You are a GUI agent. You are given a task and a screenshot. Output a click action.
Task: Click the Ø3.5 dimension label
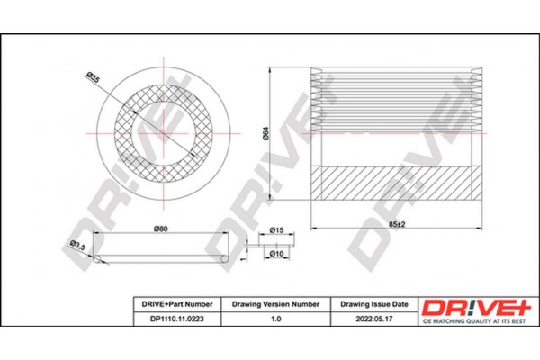(x=78, y=245)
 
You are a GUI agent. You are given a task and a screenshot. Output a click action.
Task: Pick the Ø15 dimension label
(x=277, y=231)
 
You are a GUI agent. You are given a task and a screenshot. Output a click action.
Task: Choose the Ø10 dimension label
(x=277, y=255)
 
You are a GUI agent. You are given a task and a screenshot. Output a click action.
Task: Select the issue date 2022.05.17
(x=373, y=318)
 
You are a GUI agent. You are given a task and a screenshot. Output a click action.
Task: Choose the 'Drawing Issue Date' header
(x=373, y=304)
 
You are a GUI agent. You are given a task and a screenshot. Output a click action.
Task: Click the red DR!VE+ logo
(x=471, y=305)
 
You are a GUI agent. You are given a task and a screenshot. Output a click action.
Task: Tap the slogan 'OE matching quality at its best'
(x=471, y=320)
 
